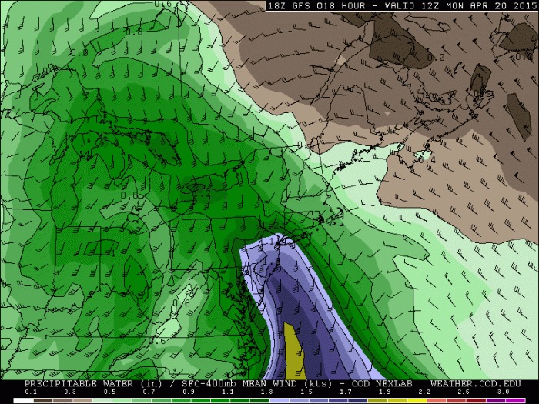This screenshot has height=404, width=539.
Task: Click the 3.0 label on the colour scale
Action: (504, 392)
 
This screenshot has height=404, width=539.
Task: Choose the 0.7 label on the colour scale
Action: (149, 392)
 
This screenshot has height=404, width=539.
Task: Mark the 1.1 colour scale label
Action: (228, 392)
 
